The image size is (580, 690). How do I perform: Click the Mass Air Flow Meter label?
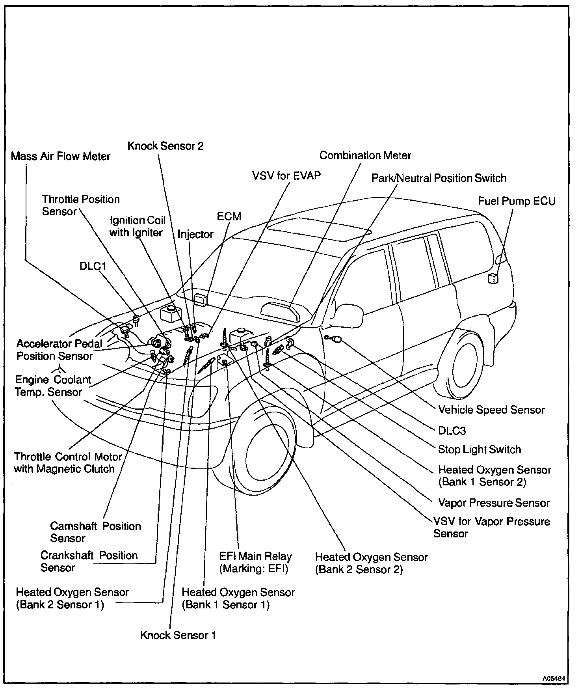[x=61, y=156]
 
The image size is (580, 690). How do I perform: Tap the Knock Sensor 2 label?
[x=165, y=146]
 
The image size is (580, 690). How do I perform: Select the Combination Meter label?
[x=365, y=155]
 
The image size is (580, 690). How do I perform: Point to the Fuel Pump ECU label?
[x=517, y=201]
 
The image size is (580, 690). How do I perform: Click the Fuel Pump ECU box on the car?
[x=493, y=278]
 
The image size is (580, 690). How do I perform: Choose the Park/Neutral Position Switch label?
[x=439, y=178]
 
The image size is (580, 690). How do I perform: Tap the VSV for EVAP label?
[x=286, y=175]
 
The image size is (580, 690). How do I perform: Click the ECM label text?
[x=229, y=216]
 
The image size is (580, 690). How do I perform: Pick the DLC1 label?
[x=93, y=266]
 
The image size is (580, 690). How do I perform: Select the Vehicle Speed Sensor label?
[x=491, y=410]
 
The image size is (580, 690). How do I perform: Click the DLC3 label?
[x=452, y=430]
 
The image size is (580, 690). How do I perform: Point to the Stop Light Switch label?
[x=480, y=449]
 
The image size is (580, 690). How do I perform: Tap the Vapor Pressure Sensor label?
[x=494, y=503]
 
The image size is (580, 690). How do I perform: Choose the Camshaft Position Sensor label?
[x=95, y=532]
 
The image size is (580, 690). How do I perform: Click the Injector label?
[x=195, y=234]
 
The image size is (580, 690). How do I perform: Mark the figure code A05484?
[x=554, y=679]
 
